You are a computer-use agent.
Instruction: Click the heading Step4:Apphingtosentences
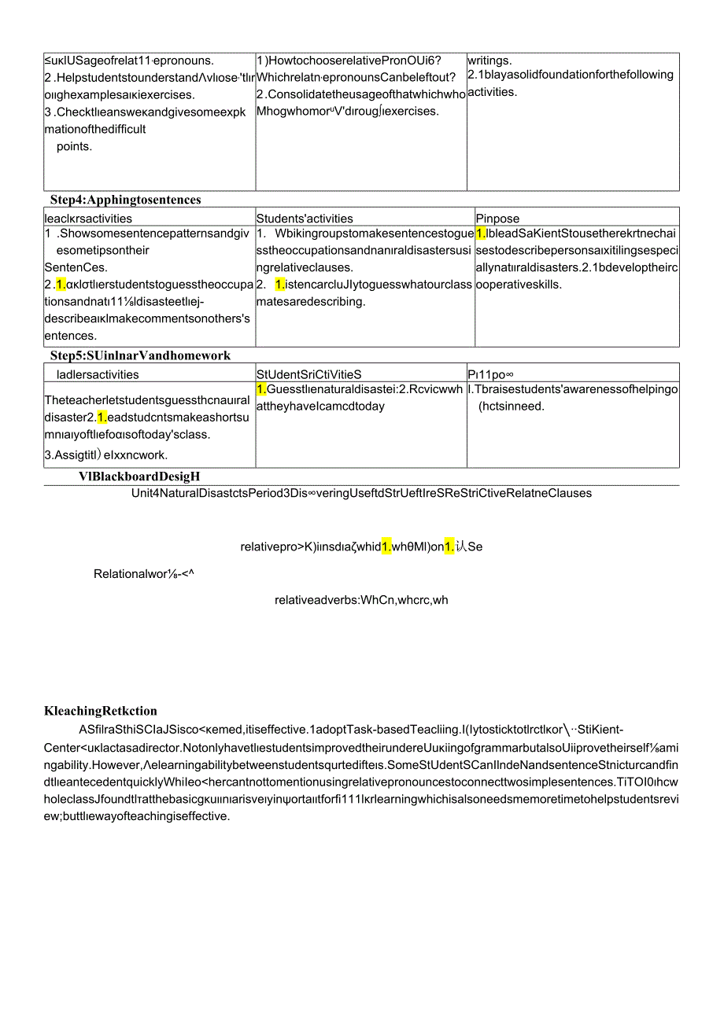tap(125, 200)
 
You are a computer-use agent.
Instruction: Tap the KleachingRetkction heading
tap(101, 712)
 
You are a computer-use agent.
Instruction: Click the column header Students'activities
tap(305, 219)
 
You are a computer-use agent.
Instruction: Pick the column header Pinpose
tap(497, 219)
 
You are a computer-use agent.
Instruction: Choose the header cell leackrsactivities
tap(88, 219)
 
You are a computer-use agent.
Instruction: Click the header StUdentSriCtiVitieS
tap(308, 375)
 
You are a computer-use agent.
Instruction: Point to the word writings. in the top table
tap(489, 60)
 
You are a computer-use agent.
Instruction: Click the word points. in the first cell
tap(75, 146)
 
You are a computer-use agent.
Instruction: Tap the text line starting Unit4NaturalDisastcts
tap(362, 493)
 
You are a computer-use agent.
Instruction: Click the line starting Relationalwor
tap(144, 574)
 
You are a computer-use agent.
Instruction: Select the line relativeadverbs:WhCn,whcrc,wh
tap(361, 600)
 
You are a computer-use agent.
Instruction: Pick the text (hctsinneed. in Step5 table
tap(512, 406)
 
